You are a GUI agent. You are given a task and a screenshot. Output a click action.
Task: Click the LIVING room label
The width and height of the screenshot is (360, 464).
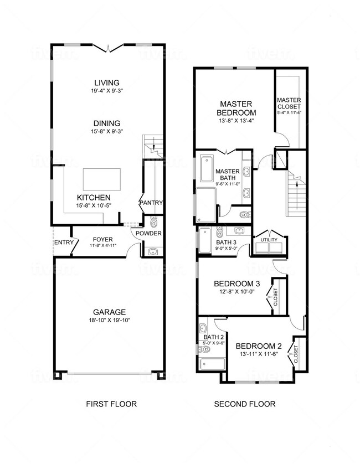click(107, 83)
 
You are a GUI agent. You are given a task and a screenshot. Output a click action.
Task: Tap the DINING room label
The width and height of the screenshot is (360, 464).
click(107, 123)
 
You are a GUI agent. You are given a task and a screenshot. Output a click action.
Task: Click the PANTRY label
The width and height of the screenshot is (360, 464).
click(151, 203)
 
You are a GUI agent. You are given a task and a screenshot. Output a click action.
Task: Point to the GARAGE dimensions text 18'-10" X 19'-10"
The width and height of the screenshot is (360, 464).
click(110, 319)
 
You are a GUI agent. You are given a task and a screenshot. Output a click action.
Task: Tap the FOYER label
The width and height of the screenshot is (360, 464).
click(102, 239)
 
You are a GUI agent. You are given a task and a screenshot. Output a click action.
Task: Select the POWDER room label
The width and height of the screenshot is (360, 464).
click(150, 234)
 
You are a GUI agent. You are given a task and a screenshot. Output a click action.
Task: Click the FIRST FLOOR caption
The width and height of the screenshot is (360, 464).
click(111, 404)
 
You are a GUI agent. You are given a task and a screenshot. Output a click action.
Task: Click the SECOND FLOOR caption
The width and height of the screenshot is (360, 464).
click(244, 404)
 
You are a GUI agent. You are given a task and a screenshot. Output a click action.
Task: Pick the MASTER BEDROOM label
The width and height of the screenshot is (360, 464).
click(236, 108)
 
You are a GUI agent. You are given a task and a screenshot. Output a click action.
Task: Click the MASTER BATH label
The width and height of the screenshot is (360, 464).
click(227, 175)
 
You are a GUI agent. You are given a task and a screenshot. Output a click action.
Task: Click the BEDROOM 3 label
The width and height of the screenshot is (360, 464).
click(236, 284)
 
